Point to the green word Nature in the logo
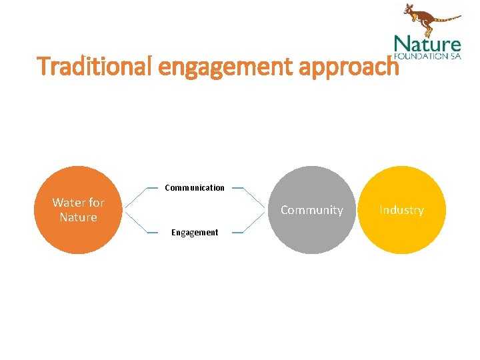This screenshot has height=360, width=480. click(427, 45)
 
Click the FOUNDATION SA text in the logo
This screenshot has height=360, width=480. click(427, 56)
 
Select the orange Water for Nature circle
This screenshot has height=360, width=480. click(78, 233)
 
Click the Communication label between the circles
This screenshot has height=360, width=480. click(195, 188)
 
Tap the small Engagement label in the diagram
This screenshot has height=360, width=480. click(195, 233)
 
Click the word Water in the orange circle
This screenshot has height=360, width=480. click(69, 203)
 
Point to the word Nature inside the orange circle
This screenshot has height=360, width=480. click(78, 217)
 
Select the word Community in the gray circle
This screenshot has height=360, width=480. click(312, 210)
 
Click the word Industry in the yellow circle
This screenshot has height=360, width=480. click(401, 210)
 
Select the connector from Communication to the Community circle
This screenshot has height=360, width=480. click(253, 199)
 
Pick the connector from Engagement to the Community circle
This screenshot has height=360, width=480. click(253, 222)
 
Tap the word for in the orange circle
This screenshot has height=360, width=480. click(96, 203)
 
